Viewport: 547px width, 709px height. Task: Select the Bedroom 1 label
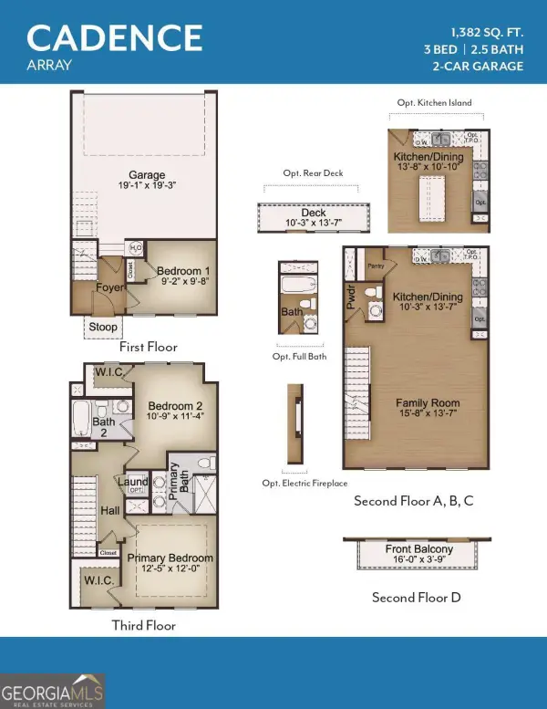183,271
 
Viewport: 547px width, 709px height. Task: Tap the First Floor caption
149,347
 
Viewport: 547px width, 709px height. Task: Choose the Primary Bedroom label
170,558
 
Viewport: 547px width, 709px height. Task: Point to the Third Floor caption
144,625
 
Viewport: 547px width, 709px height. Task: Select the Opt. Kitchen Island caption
435,103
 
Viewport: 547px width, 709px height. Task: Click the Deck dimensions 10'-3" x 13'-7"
314,223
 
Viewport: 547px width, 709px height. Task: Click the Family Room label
428,402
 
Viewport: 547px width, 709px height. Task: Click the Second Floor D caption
416,598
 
